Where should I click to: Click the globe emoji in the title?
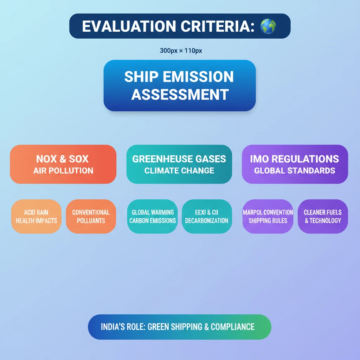[x=268, y=26]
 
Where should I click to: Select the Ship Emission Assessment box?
[x=179, y=85]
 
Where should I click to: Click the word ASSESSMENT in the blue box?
[x=180, y=94]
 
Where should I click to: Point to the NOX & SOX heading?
[x=62, y=159]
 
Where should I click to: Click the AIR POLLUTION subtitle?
[x=63, y=171]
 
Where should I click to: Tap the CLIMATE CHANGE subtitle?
[x=179, y=171]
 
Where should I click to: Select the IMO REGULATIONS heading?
[x=294, y=159]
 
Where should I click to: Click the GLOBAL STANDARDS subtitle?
[x=295, y=171]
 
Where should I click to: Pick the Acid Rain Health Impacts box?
[x=36, y=217]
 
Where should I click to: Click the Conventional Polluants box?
[x=91, y=217]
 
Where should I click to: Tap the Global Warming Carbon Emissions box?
[x=153, y=217]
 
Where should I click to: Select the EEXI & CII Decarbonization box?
[x=207, y=217]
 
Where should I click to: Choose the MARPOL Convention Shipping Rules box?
[x=268, y=217]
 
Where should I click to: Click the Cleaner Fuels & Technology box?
[x=322, y=217]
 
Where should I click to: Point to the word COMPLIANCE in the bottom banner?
[x=232, y=327]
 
